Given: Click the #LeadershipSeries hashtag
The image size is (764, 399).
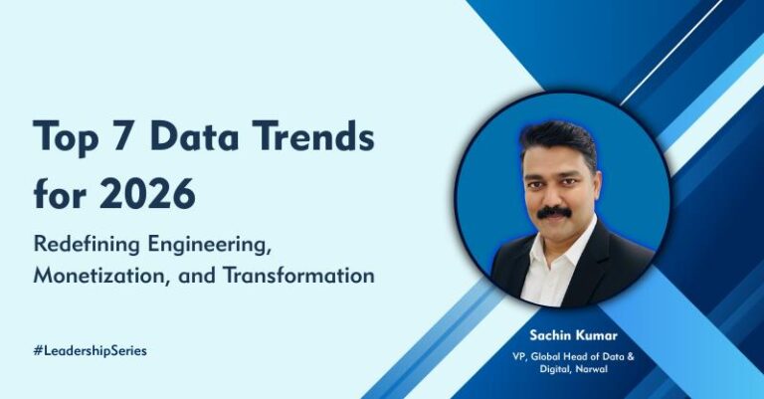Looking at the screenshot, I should coord(90,350).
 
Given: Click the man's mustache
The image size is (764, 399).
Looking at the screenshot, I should coord(553,212).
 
